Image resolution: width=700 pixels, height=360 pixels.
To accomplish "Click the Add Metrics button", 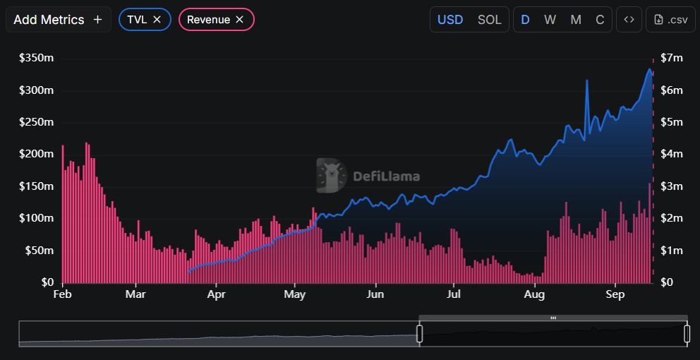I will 58,20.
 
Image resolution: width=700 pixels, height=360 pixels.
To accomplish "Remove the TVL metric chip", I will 157,20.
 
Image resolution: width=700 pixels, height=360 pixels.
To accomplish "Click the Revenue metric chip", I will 208,20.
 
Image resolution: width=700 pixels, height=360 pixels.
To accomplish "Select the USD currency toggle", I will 450,20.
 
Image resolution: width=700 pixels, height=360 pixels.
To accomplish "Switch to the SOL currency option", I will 489,20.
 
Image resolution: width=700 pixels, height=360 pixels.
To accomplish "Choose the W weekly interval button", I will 550,20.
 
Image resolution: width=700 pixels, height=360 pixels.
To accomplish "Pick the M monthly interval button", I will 576,20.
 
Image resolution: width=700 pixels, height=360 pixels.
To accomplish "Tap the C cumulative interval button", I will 600,20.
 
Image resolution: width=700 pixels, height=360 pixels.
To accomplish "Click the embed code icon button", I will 629,20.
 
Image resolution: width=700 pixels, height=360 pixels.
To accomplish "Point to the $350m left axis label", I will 36,59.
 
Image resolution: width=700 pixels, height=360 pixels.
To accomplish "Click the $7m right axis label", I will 671,59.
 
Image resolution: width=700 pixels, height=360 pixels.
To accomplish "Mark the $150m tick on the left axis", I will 36,186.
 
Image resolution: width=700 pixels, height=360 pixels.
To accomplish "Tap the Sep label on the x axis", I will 616,294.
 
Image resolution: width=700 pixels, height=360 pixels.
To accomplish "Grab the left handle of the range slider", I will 419,333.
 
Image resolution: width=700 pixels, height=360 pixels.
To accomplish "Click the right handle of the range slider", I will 687,333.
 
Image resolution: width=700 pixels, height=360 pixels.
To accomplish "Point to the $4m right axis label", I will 671,154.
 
